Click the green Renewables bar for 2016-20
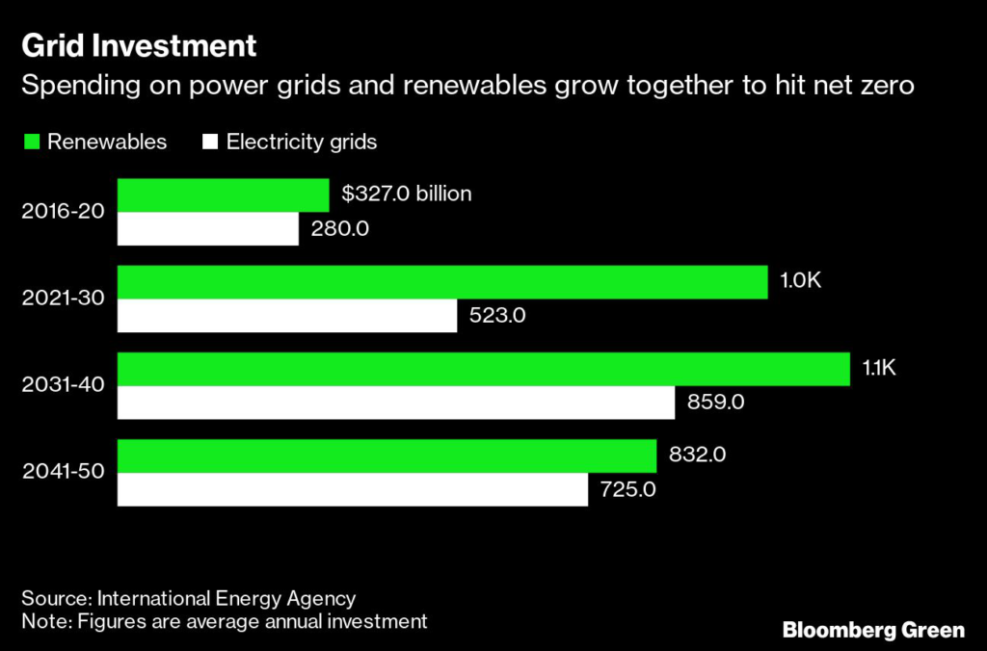pos(223,195)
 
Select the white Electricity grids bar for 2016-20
pos(207,229)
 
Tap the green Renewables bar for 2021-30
pos(442,281)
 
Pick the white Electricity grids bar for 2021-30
pos(286,316)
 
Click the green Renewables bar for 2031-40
pos(483,368)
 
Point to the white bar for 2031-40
pos(395,403)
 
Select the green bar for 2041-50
pos(387,455)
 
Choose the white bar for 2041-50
pos(352,489)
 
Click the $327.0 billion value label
pos(407,195)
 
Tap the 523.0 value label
pos(497,316)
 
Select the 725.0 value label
pos(628,489)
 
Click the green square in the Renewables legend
pos(31,143)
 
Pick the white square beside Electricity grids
pos(209,143)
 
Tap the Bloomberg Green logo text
pos(873,631)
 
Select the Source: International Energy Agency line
pos(189,598)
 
